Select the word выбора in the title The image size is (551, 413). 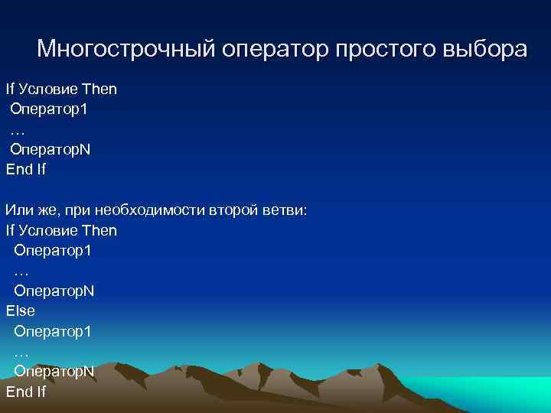pos(484,49)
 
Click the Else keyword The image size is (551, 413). pos(21,311)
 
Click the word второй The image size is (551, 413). pos(233,210)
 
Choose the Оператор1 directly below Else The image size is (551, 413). pos(53,331)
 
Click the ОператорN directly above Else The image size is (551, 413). pos(54,291)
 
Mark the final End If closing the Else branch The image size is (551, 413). pos(26,392)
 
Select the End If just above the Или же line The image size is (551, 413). pos(26,170)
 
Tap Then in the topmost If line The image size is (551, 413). pos(99,89)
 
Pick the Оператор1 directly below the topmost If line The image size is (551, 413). pos(49,109)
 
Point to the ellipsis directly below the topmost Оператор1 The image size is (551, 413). pos(18,130)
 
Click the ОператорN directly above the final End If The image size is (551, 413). pos(54,372)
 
